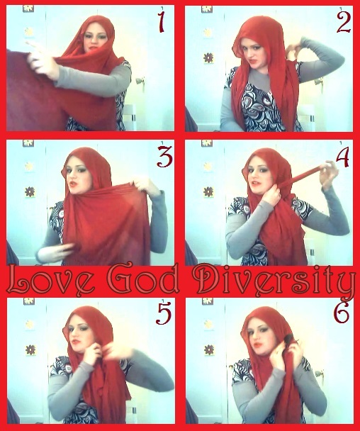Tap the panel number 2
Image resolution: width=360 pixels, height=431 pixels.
point(344,23)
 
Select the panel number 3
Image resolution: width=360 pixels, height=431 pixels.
point(164,157)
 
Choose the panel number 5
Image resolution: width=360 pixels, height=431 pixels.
point(164,313)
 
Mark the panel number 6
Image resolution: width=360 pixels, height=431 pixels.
point(342,313)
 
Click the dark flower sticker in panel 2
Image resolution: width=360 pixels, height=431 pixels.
point(208,57)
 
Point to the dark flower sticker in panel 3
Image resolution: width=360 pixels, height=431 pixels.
point(30,191)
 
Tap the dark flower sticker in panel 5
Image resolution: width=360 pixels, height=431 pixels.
point(30,350)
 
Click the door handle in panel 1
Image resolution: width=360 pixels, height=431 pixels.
point(140,82)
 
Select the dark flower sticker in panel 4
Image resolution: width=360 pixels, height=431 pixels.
point(208,191)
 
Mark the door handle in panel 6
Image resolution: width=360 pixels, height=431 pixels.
point(319,374)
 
